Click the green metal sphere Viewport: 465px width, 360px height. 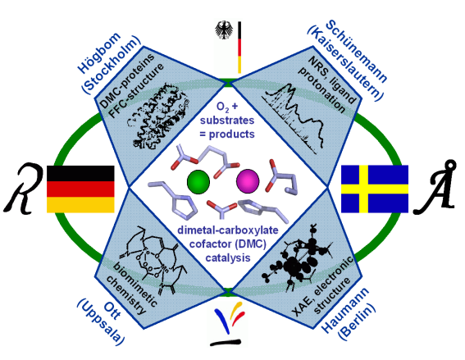(x=198, y=181)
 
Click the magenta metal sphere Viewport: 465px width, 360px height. (x=248, y=181)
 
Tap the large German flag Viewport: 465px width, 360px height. (x=80, y=189)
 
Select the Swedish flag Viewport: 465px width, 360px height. (x=375, y=189)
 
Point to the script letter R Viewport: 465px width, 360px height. (x=22, y=188)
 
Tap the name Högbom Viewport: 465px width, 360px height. (x=99, y=52)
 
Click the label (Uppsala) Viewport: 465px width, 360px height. (x=101, y=322)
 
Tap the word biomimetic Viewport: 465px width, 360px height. (x=135, y=284)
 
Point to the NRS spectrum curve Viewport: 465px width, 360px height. (x=294, y=119)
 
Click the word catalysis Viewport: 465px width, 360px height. (x=228, y=257)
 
